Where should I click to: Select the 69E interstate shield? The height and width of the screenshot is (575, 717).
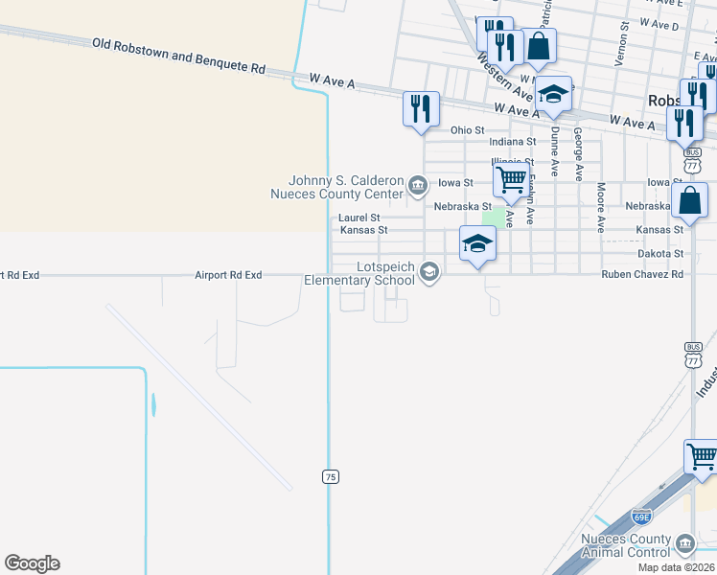642,517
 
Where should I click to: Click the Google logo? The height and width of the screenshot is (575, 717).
32,563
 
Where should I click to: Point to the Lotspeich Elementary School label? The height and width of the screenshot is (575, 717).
359,273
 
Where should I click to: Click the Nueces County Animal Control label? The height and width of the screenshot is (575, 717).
627,545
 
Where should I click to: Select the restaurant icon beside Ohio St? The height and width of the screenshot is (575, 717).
421,109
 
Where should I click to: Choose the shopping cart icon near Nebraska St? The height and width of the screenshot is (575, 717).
511,179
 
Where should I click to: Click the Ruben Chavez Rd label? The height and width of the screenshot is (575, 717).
642,274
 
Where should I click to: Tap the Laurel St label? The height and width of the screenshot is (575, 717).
359,218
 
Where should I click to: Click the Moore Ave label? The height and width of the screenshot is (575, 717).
601,208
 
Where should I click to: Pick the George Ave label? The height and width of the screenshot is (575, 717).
578,154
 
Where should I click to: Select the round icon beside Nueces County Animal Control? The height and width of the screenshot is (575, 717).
684,544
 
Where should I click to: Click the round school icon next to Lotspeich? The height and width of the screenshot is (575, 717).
429,273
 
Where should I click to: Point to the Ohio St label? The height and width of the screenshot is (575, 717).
467,129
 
